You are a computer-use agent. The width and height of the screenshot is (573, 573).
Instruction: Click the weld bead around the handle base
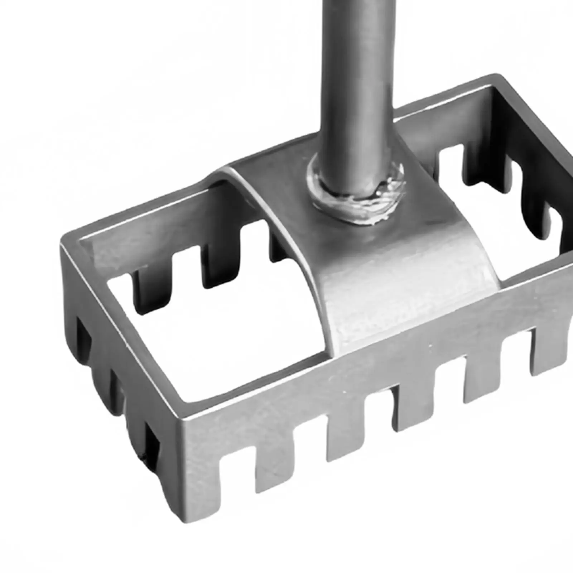(358, 211)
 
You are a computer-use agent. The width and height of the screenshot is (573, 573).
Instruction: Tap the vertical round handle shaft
(358, 90)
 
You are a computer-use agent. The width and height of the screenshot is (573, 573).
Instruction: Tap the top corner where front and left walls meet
(186, 419)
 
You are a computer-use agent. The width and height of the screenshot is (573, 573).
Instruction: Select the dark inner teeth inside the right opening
(530, 201)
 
